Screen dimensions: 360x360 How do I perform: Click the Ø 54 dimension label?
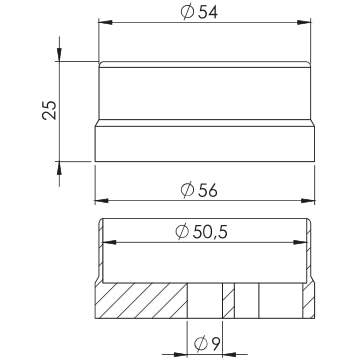click(x=199, y=12)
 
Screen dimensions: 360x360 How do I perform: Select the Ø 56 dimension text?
click(x=199, y=190)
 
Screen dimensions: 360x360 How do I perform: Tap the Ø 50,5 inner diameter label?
click(x=201, y=232)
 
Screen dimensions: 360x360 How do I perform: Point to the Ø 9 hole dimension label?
click(x=207, y=344)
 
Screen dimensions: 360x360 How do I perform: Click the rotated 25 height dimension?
click(x=50, y=110)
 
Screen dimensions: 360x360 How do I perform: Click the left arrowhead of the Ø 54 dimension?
click(x=105, y=22)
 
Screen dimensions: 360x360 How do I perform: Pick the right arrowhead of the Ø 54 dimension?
click(x=304, y=22)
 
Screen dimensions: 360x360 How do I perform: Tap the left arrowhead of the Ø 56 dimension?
click(x=101, y=201)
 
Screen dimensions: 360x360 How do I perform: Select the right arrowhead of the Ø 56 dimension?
click(x=308, y=201)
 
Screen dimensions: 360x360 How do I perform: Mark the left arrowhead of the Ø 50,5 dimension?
click(x=109, y=242)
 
